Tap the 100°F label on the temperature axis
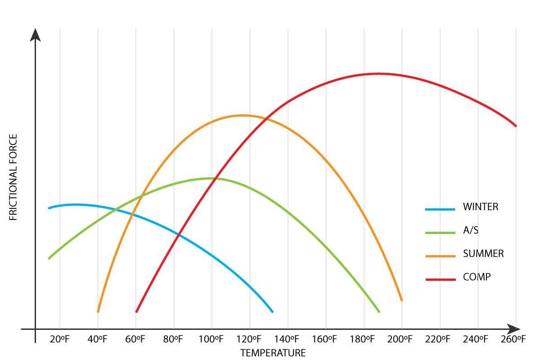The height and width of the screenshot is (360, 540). pyautogui.click(x=211, y=339)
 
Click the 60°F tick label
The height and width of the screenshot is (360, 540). pyautogui.click(x=135, y=339)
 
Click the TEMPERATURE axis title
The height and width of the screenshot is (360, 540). pyautogui.click(x=273, y=353)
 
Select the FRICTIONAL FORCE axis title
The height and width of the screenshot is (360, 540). pyautogui.click(x=13, y=177)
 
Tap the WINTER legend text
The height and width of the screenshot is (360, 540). pyautogui.click(x=481, y=207)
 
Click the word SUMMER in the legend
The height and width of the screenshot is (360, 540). pyautogui.click(x=483, y=254)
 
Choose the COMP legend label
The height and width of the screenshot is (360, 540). pyautogui.click(x=477, y=277)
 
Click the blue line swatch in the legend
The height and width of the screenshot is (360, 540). pyautogui.click(x=440, y=209)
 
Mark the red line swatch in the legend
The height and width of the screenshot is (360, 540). pyautogui.click(x=440, y=279)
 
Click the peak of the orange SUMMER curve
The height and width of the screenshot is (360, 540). pyautogui.click(x=242, y=115)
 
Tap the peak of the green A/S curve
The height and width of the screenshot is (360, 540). pyautogui.click(x=210, y=178)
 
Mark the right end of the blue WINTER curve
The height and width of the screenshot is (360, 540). pyautogui.click(x=272, y=311)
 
